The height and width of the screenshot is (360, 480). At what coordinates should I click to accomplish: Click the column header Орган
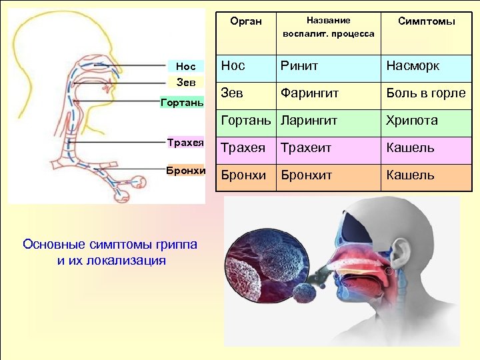tap(245, 22)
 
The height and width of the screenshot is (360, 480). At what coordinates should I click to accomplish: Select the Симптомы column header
tap(426, 21)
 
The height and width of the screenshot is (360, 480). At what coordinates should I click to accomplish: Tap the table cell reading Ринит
tap(299, 66)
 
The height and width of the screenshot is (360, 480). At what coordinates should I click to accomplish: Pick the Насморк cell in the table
tap(413, 66)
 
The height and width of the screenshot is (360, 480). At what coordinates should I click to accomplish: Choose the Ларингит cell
tap(309, 121)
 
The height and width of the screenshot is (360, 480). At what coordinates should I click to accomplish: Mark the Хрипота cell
tap(412, 121)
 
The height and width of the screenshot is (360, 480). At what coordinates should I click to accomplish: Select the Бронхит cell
tap(305, 175)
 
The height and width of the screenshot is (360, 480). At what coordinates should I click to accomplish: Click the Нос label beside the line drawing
tap(186, 67)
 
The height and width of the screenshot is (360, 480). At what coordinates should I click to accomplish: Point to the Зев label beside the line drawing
tap(185, 83)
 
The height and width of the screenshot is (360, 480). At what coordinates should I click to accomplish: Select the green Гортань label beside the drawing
tap(182, 103)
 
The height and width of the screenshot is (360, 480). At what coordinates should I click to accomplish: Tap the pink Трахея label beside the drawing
tap(185, 142)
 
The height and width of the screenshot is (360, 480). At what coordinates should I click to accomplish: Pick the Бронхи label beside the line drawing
tap(185, 169)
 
